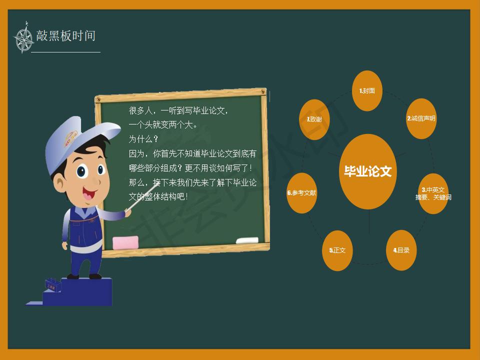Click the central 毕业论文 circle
[367, 171]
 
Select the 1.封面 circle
[367, 90]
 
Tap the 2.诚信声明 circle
[421, 118]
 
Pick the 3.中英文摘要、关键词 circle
[433, 193]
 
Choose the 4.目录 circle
[401, 250]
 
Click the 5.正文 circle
[337, 250]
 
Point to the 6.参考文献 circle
[302, 193]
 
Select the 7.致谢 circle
[314, 119]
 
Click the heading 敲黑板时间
[66, 36]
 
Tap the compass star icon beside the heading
[23, 38]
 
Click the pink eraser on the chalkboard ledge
[125, 243]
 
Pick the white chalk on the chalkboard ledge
[247, 240]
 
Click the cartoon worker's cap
[78, 139]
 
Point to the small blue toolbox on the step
[52, 284]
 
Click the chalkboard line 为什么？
[143, 139]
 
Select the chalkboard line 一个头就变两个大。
[163, 125]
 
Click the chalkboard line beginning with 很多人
[178, 110]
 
